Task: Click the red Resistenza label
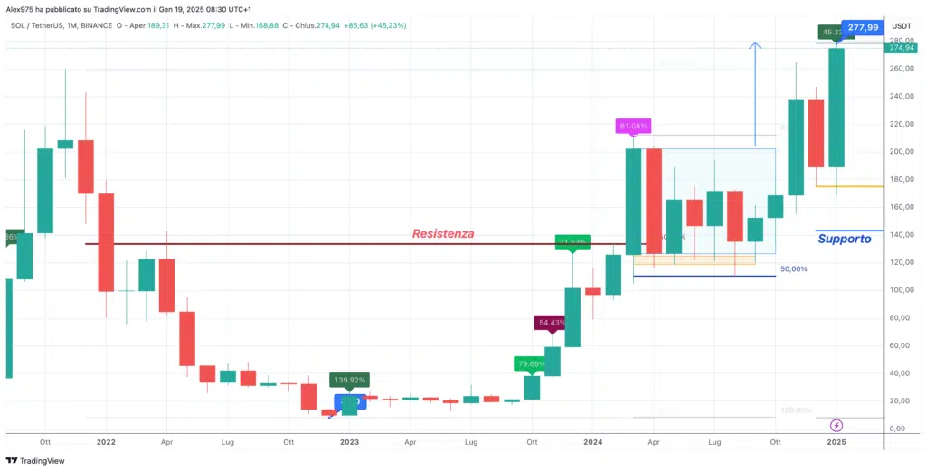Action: point(443,233)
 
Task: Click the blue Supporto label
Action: point(844,239)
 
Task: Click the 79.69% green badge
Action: point(532,364)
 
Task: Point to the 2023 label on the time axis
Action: point(349,443)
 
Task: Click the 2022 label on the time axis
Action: point(106,443)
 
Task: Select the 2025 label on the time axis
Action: point(836,443)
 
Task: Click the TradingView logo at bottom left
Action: point(38,460)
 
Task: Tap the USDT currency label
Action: point(901,27)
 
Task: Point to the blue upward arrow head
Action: point(756,45)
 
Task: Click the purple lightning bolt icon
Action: point(836,424)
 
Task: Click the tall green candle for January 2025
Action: point(836,108)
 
